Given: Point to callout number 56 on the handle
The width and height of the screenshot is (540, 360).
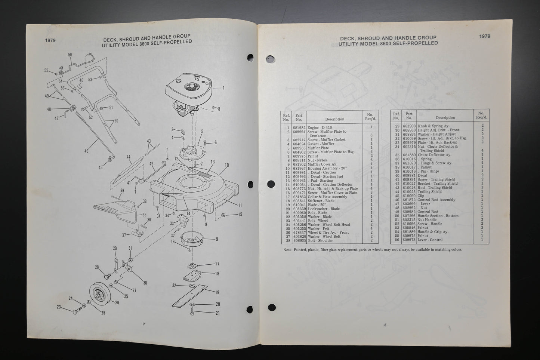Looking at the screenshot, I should point(70,55).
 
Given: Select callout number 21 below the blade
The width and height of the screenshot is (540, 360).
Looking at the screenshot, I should point(217,313).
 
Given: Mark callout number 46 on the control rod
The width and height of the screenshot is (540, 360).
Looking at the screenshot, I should point(87,151).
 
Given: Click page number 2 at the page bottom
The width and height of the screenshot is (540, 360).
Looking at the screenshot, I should point(144,324).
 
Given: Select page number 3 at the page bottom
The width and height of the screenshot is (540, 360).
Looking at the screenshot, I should point(385,325).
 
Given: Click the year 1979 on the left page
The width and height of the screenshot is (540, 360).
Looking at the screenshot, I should point(50,40).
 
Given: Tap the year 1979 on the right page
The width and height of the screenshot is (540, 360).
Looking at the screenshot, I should point(485,36).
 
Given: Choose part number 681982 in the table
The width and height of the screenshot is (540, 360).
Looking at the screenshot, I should point(299,128).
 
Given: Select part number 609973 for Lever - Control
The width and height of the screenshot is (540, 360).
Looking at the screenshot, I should point(409,240).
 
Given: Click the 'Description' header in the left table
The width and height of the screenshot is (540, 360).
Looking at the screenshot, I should point(334,119).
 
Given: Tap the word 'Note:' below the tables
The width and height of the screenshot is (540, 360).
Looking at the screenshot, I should point(287,249).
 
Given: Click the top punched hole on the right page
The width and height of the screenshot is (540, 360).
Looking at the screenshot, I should point(269,59).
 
